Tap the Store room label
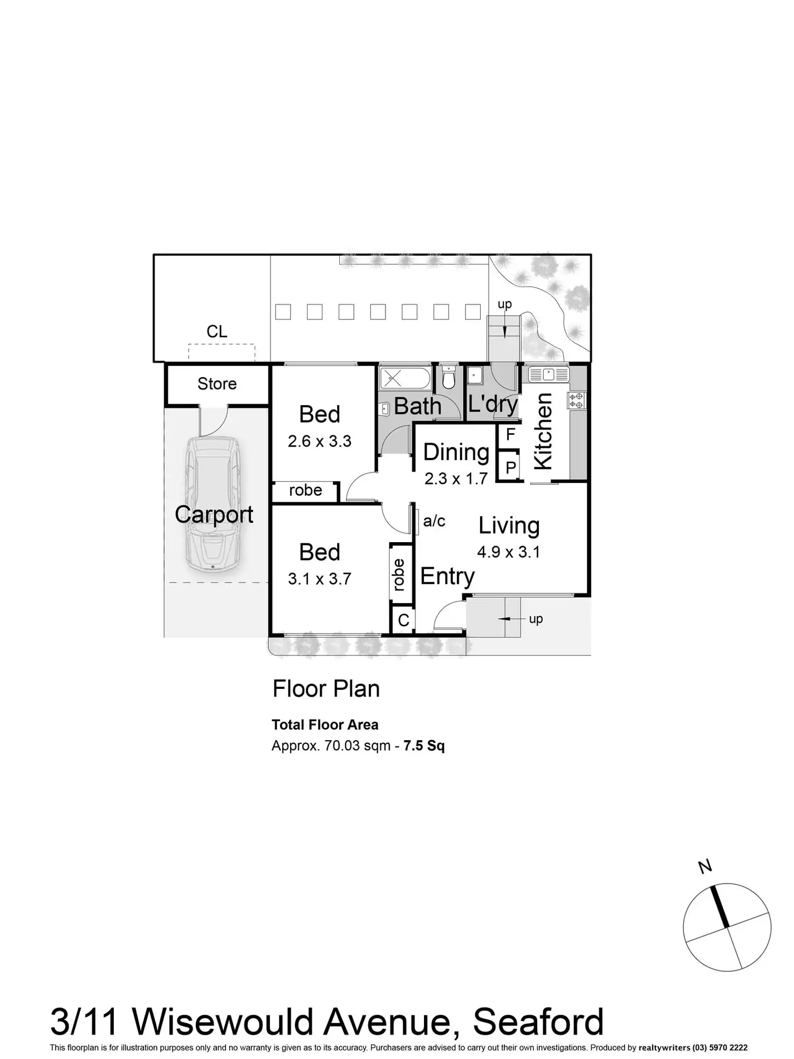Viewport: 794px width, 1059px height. click(x=217, y=384)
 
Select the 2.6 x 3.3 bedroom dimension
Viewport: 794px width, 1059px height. click(x=319, y=441)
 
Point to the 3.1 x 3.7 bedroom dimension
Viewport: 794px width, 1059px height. click(x=319, y=579)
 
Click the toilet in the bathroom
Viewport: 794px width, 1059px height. click(x=448, y=378)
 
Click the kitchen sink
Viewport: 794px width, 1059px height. click(x=548, y=373)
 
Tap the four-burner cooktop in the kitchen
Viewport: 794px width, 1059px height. click(x=576, y=400)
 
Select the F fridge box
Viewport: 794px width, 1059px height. click(x=510, y=434)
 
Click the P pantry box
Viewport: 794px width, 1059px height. click(x=510, y=467)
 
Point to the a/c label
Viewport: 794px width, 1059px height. click(x=434, y=521)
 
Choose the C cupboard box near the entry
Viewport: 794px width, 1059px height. click(x=403, y=620)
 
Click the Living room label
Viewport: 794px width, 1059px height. click(x=509, y=525)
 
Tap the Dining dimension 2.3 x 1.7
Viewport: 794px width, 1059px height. click(x=456, y=479)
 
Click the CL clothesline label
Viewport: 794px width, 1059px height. click(x=217, y=331)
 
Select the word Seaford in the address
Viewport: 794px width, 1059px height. click(x=538, y=1022)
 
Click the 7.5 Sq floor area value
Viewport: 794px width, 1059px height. click(x=424, y=746)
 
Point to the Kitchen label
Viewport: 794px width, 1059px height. click(x=543, y=431)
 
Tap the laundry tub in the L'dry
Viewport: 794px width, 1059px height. click(x=475, y=375)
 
